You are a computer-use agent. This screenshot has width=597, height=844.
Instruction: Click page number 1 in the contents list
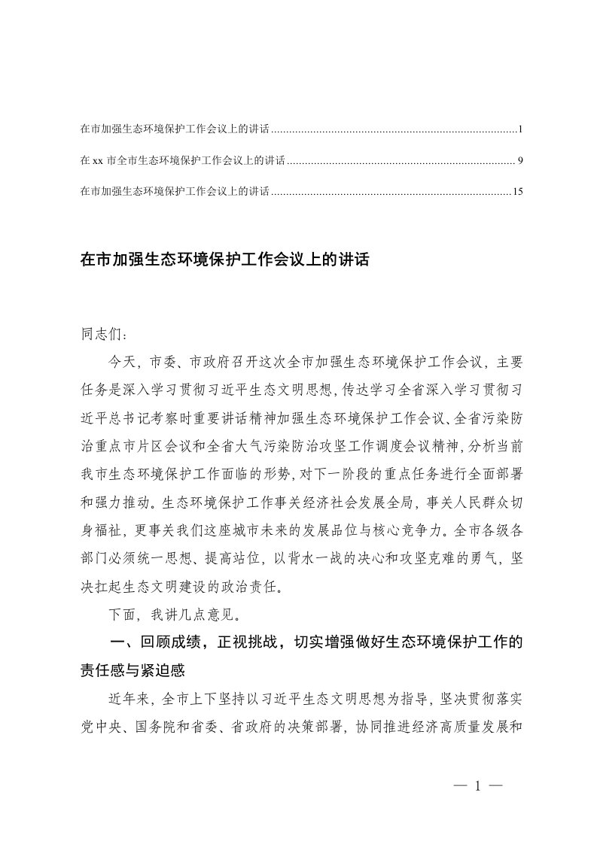point(520,130)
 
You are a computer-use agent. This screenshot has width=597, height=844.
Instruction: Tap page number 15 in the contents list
point(517,192)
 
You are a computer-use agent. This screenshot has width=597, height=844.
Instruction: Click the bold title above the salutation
point(225,260)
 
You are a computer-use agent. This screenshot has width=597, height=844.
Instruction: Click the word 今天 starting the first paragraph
point(121,362)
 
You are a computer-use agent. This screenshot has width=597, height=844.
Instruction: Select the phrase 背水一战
point(304,560)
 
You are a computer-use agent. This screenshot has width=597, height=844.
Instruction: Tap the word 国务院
point(173,728)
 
